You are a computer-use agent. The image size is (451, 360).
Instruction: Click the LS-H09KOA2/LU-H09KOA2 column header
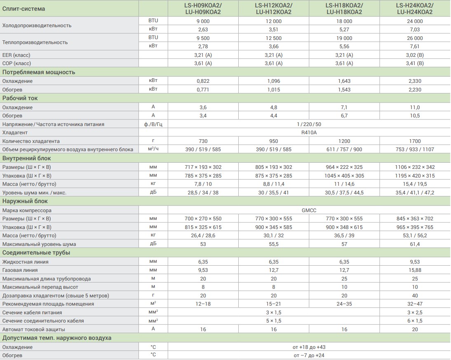pyautogui.click(x=203, y=9)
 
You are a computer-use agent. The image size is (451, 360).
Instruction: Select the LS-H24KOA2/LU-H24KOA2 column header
pyautogui.click(x=415, y=9)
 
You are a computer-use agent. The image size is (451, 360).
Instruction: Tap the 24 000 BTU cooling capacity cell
pyautogui.click(x=415, y=21)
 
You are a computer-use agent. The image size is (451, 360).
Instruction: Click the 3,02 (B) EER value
pyautogui.click(x=415, y=55)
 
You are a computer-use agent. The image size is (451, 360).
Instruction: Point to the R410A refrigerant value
pyautogui.click(x=309, y=133)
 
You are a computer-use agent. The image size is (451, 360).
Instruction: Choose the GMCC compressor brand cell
pyautogui.click(x=309, y=210)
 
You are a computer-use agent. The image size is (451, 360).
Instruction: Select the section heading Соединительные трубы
pyautogui.click(x=36, y=252)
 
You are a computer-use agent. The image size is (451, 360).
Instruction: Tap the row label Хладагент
pyautogui.click(x=16, y=133)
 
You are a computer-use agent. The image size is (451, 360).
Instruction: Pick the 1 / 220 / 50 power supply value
pyautogui.click(x=309, y=124)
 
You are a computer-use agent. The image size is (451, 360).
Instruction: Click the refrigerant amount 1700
pyautogui.click(x=415, y=141)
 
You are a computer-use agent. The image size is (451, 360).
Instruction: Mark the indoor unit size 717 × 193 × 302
pyautogui.click(x=203, y=167)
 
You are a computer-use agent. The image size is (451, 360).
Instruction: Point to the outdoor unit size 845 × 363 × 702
pyautogui.click(x=415, y=219)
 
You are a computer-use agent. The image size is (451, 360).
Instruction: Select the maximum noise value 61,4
pyautogui.click(x=415, y=244)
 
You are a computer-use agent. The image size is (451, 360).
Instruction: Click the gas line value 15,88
pyautogui.click(x=415, y=270)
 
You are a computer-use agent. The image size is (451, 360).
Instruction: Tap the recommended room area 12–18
pyautogui.click(x=203, y=304)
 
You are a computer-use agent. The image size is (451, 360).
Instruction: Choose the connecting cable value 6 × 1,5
pyautogui.click(x=415, y=321)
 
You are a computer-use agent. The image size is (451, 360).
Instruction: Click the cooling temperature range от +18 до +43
pyautogui.click(x=309, y=347)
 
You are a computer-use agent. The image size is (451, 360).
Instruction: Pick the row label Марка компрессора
pyautogui.click(x=27, y=210)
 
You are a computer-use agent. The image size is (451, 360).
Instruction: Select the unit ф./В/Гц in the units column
pyautogui.click(x=153, y=124)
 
